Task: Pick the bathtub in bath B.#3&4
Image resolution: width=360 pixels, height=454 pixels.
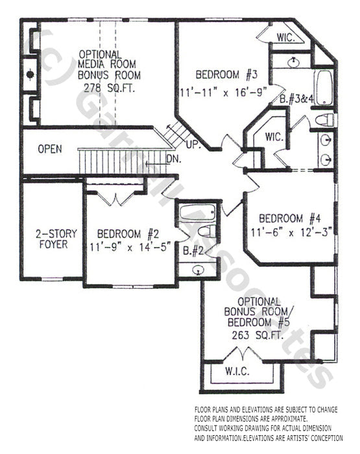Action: [324, 89]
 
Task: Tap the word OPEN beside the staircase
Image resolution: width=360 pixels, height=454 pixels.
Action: [50, 149]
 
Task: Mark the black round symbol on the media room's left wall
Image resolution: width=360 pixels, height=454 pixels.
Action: [30, 75]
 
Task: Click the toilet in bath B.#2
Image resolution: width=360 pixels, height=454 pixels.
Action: [205, 232]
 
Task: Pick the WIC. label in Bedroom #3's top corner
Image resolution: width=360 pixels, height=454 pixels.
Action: [285, 37]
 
